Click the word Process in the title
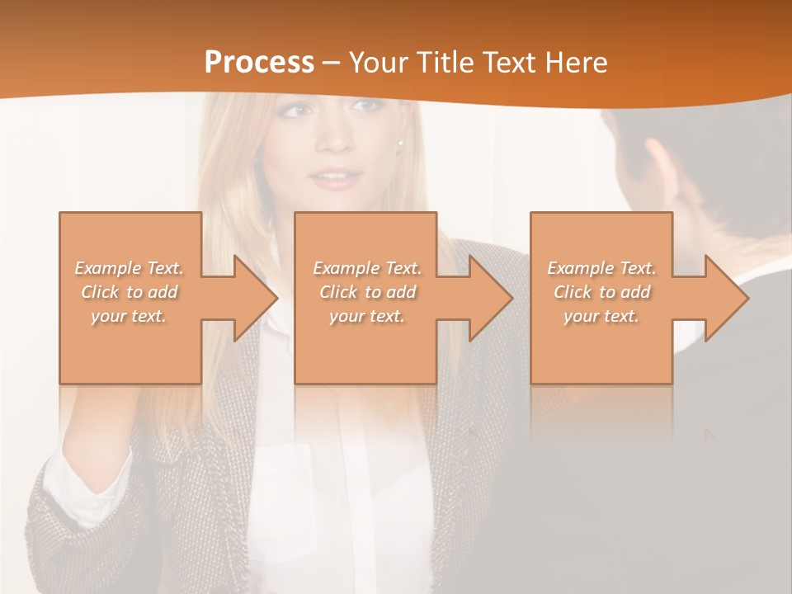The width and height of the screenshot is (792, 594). tap(259, 63)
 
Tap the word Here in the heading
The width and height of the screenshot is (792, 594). tap(575, 63)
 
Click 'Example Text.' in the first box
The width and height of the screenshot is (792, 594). tap(130, 268)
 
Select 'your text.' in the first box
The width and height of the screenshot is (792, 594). tap(130, 316)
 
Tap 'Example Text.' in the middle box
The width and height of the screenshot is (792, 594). tap(367, 268)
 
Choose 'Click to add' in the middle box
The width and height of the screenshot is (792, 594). tap(367, 292)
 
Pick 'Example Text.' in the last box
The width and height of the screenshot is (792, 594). tap(601, 268)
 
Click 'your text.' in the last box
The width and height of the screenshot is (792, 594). tap(601, 316)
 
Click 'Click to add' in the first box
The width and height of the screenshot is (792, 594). tap(130, 292)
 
